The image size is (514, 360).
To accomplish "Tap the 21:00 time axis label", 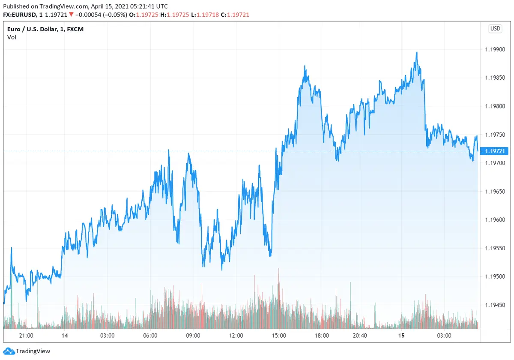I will (26, 336).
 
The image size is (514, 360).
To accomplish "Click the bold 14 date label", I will (65, 336).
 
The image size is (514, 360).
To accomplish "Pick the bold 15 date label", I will (401, 336).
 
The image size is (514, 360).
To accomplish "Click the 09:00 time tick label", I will (193, 336).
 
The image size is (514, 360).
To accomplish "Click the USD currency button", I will (495, 29).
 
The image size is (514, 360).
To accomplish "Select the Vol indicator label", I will (12, 37).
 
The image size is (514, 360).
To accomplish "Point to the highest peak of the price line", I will (416, 53).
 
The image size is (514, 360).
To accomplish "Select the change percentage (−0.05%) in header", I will (115, 15).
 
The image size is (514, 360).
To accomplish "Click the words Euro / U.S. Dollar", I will (30, 29).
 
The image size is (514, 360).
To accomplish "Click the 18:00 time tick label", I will (322, 336).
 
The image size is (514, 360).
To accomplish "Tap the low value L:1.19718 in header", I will (205, 15).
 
